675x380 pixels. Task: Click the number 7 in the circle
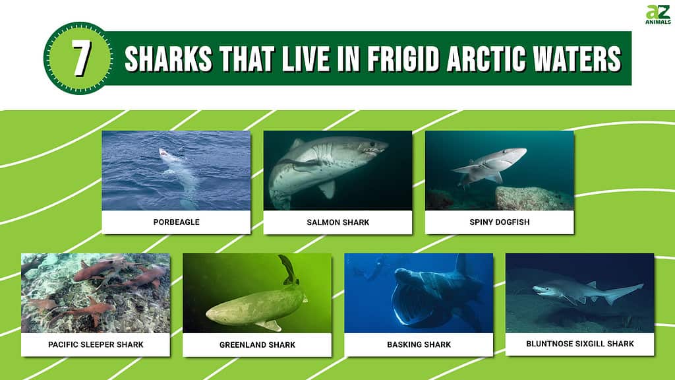pyautogui.click(x=81, y=58)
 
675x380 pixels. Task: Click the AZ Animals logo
pyautogui.click(x=658, y=15)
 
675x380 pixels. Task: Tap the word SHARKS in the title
pyautogui.click(x=168, y=59)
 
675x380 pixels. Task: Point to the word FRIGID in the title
pyautogui.click(x=404, y=59)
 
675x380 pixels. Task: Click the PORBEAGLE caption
pyautogui.click(x=177, y=222)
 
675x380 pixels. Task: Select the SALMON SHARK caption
pyautogui.click(x=338, y=222)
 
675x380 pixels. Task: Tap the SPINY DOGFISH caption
pyautogui.click(x=500, y=222)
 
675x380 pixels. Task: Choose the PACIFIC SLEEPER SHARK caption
pyautogui.click(x=96, y=344)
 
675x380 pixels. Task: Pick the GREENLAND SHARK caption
pyautogui.click(x=258, y=344)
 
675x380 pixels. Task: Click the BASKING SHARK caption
pyautogui.click(x=419, y=344)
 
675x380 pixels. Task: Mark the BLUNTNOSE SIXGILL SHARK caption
pyautogui.click(x=580, y=344)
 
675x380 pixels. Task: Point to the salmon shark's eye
pyautogui.click(x=373, y=144)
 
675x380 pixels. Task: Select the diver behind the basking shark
pyautogui.click(x=371, y=268)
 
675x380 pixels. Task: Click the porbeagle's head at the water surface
pyautogui.click(x=165, y=154)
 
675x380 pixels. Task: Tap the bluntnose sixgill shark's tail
pyautogui.click(x=626, y=293)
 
